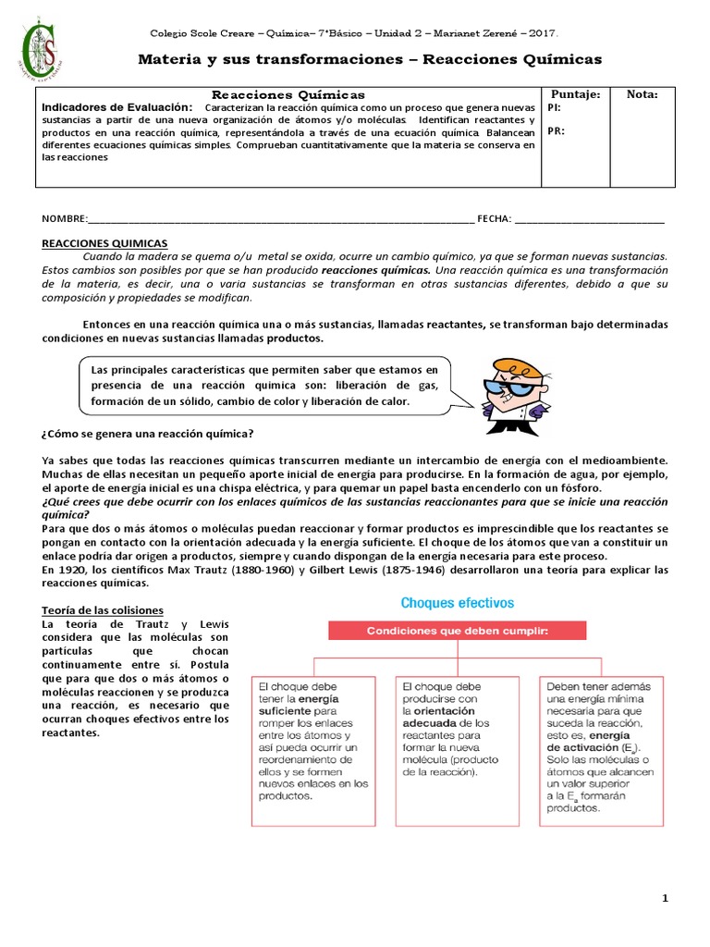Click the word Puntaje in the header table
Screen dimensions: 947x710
pos(574,94)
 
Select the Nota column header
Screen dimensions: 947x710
pos(642,94)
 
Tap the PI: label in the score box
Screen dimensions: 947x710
pos(555,107)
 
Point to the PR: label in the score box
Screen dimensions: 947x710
pos(556,131)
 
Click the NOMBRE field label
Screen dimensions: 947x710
pos(63,219)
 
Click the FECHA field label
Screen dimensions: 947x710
pos(494,219)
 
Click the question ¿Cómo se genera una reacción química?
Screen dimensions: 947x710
pos(148,434)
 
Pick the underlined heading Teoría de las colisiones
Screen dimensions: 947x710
pos(103,610)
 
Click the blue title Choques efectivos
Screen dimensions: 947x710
pos(456,603)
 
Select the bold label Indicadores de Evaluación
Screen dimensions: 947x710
pos(117,107)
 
